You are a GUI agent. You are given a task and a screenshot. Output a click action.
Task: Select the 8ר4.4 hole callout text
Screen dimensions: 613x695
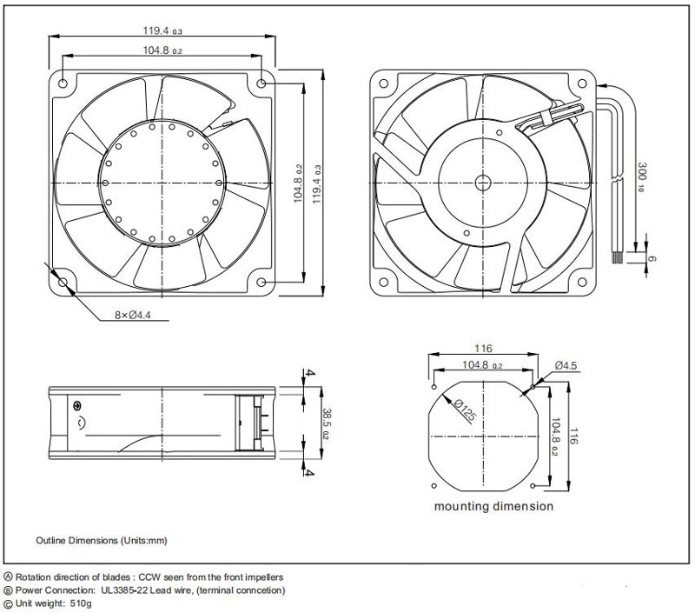[133, 316]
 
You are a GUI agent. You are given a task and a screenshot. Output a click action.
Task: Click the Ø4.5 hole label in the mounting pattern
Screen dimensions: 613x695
[566, 366]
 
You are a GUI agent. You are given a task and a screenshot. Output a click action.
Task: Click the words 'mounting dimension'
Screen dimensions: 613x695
[493, 506]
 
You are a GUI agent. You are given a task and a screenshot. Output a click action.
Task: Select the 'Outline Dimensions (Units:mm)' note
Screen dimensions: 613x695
[101, 540]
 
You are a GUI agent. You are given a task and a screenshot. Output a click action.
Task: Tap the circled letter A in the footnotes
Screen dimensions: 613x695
[9, 576]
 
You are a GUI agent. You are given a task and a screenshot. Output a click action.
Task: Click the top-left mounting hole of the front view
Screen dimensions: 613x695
[63, 84]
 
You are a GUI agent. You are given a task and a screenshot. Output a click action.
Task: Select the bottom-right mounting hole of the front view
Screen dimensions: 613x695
[262, 281]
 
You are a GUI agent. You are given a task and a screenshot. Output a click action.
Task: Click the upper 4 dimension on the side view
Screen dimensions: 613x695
[309, 375]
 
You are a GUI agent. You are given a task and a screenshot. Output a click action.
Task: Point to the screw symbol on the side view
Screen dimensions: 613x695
[79, 406]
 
